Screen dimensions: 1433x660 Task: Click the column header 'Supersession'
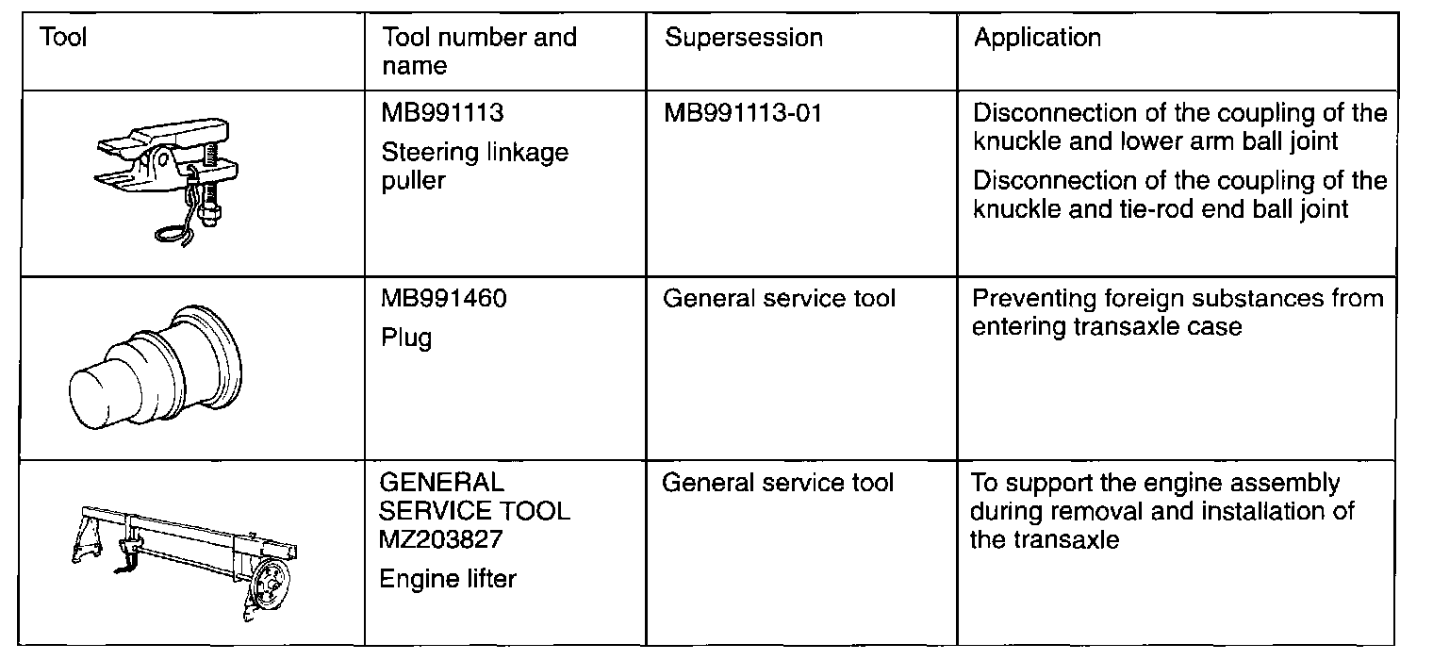coord(743,38)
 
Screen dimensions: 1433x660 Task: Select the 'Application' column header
coord(1037,38)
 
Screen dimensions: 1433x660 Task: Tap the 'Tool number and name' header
coord(478,51)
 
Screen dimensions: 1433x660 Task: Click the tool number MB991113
coord(442,113)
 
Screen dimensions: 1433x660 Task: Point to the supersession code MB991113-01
coord(743,113)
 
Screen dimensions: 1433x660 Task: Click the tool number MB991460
coord(443,299)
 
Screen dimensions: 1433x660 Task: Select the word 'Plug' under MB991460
coord(406,338)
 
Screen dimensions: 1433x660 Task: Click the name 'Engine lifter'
coord(448,578)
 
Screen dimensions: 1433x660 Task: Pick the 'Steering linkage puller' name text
coord(474,166)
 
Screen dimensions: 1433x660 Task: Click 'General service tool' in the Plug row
coord(779,299)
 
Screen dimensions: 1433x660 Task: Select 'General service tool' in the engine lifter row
coord(778,484)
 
